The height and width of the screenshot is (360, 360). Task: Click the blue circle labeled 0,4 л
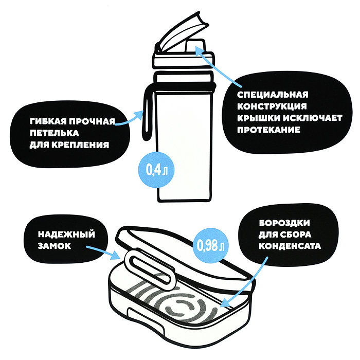click(156, 170)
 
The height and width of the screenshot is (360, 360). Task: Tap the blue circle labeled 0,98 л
click(210, 245)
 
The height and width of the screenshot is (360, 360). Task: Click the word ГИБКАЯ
click(48, 121)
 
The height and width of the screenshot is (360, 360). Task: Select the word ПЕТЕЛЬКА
click(55, 133)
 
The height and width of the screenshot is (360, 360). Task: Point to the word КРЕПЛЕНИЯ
click(80, 145)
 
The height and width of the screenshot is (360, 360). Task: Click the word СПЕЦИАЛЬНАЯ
click(273, 95)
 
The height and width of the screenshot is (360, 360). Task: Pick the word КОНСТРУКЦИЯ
click(272, 106)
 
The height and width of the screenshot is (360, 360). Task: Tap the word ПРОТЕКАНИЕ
click(268, 130)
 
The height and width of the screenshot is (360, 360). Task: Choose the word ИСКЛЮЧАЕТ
click(313, 118)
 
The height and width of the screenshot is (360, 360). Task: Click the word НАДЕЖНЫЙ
click(66, 235)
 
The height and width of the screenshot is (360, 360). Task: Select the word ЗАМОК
click(55, 246)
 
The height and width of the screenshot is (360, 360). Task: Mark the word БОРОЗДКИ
click(284, 223)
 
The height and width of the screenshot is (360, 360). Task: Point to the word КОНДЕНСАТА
click(290, 246)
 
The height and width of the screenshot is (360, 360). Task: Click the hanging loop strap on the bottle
click(147, 113)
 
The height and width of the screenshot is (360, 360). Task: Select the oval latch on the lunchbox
click(149, 268)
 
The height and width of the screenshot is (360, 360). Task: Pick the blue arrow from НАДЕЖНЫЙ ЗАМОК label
click(103, 253)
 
